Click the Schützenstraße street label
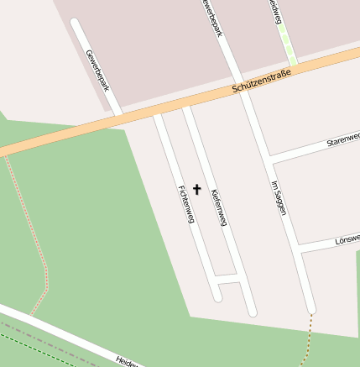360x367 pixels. [261, 84]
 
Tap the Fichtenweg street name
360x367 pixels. [185, 204]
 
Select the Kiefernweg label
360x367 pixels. [219, 207]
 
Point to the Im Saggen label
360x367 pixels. [279, 198]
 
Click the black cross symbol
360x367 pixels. [197, 189]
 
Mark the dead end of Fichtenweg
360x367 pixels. [218, 296]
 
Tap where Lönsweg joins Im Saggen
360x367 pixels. [301, 249]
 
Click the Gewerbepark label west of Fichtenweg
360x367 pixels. [97, 70]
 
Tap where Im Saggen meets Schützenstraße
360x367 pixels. [244, 92]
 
